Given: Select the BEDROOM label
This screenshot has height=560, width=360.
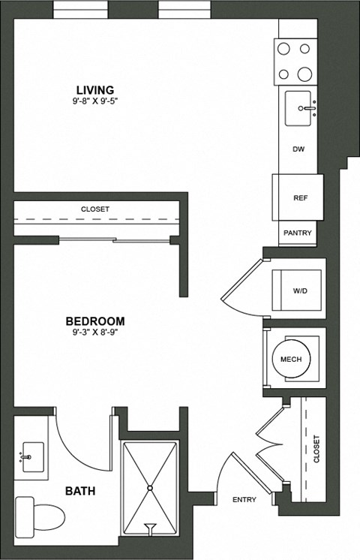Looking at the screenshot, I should click(x=95, y=321).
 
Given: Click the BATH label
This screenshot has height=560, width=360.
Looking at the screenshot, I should click(x=79, y=492).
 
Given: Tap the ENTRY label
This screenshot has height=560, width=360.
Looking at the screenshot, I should click(x=244, y=500).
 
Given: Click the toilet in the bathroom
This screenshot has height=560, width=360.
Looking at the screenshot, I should click(x=41, y=516).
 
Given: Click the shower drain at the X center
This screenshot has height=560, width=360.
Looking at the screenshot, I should click(x=150, y=488).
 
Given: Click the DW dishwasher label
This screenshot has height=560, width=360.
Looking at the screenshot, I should click(x=298, y=149).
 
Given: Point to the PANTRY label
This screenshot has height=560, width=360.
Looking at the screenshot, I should click(x=298, y=233).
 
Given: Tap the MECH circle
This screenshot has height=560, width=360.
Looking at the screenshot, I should click(x=291, y=360).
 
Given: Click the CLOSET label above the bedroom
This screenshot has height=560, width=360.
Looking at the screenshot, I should click(x=95, y=209).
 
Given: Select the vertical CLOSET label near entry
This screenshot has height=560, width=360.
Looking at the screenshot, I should click(x=316, y=449).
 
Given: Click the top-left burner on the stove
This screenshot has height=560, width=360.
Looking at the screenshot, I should click(x=284, y=49).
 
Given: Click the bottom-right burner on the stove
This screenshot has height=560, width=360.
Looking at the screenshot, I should click(x=305, y=74).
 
